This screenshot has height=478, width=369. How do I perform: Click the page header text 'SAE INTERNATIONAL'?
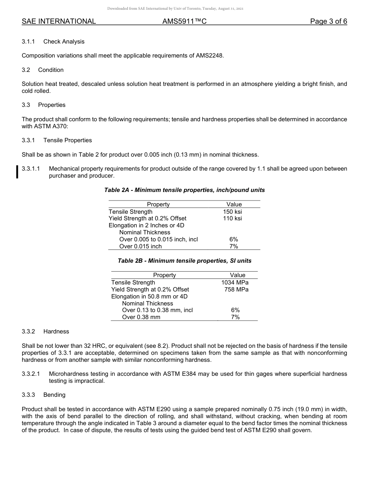[x=59, y=21]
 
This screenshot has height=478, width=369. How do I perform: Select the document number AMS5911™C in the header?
[x=184, y=21]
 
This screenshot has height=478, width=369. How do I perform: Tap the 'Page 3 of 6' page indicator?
[x=328, y=21]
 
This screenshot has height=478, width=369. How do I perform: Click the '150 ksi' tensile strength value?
[x=233, y=211]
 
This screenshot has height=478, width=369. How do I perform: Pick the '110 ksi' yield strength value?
[x=233, y=218]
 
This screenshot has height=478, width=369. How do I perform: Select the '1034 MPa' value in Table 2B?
[x=235, y=283]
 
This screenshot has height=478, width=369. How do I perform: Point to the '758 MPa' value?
[x=236, y=290]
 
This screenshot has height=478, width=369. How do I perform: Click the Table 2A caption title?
[x=184, y=190]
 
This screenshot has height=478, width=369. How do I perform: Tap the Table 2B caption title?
[x=184, y=261]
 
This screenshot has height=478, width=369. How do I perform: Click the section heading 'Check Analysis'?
[x=64, y=42]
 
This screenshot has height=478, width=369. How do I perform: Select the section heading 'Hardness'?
[x=56, y=331]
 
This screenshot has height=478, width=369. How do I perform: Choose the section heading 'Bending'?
[x=54, y=395]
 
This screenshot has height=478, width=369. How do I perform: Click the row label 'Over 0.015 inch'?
[x=140, y=246]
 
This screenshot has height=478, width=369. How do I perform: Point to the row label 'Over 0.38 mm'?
[x=141, y=317]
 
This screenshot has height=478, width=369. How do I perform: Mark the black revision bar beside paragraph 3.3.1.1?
[x=17, y=172]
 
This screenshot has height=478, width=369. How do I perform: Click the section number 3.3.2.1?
[x=31, y=374]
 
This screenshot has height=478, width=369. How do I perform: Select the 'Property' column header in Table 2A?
[x=158, y=204]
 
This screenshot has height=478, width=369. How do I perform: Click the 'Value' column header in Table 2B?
[x=237, y=275]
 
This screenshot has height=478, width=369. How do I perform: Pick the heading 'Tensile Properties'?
[x=68, y=140]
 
